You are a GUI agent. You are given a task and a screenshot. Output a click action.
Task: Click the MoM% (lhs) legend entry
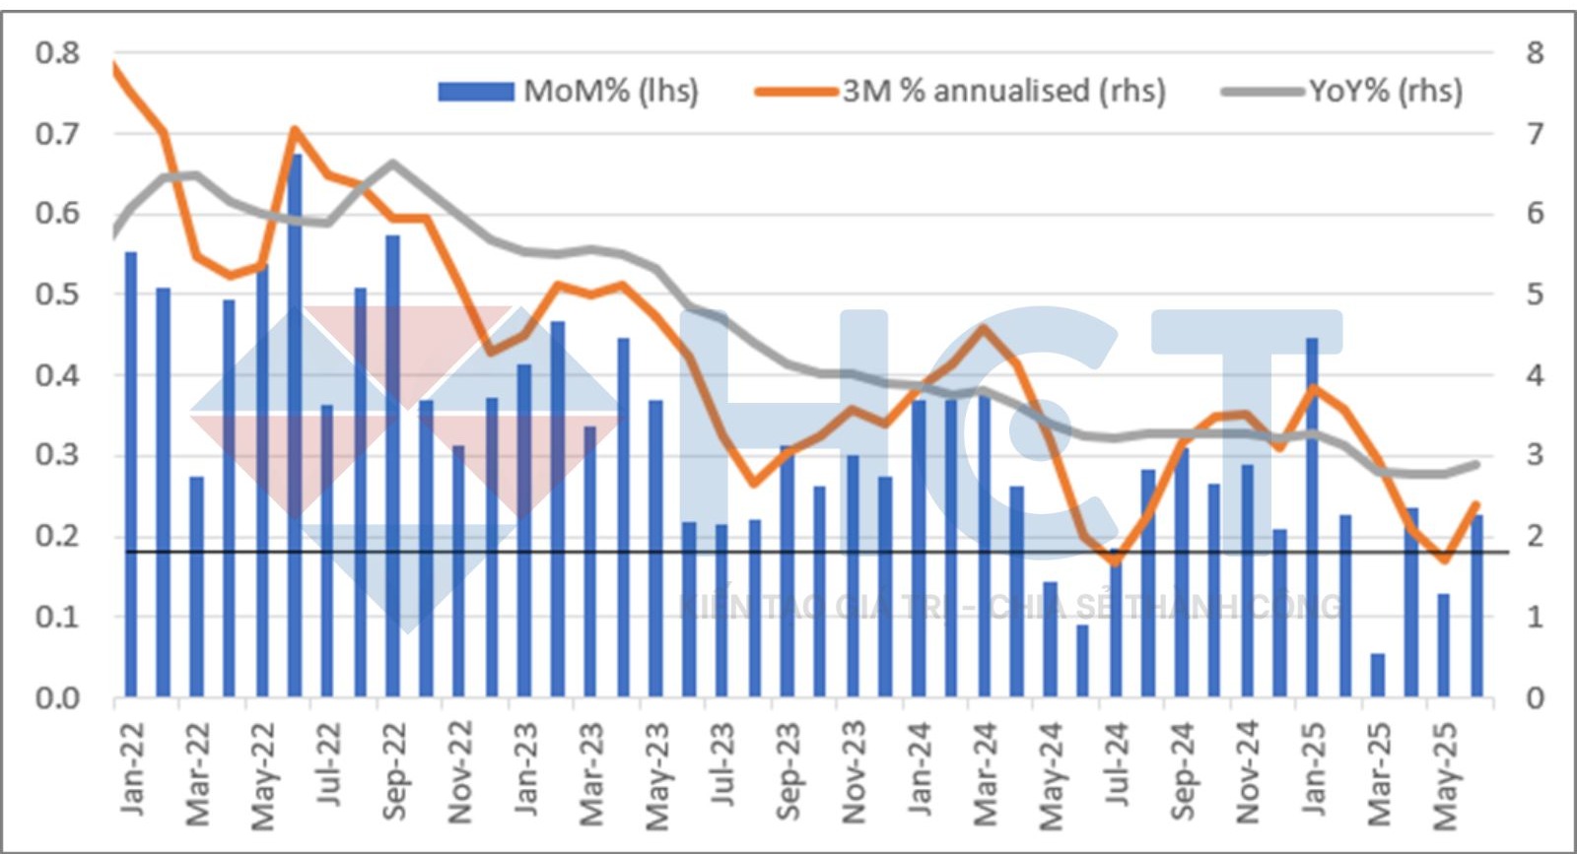pyautogui.click(x=570, y=92)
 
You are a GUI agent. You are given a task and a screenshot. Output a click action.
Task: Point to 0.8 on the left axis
pyautogui.click(x=57, y=52)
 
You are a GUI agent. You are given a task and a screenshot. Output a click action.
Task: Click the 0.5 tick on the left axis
pyautogui.click(x=57, y=294)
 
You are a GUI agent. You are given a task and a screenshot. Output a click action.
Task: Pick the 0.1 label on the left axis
pyautogui.click(x=57, y=617)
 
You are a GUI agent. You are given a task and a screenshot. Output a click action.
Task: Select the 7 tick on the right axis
pyautogui.click(x=1535, y=133)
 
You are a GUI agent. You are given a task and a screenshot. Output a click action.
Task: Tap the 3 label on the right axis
pyautogui.click(x=1535, y=455)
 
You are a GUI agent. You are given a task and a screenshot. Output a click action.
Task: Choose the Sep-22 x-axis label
pyautogui.click(x=393, y=771)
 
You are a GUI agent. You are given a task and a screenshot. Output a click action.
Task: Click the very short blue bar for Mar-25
pyautogui.click(x=1378, y=675)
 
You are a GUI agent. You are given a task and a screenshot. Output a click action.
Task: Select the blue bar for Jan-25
pyautogui.click(x=1312, y=517)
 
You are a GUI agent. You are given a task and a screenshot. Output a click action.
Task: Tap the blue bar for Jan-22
pyautogui.click(x=130, y=475)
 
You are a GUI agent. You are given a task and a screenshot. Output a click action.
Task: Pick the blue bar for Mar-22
pyautogui.click(x=196, y=587)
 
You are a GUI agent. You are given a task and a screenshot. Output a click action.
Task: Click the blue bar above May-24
pyautogui.click(x=1050, y=639)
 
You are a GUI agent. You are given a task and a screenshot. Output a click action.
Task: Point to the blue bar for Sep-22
pyautogui.click(x=393, y=466)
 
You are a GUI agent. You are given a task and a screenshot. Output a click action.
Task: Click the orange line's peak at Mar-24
pyautogui.click(x=984, y=327)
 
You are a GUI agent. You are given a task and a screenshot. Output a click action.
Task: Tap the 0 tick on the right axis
pyautogui.click(x=1535, y=698)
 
